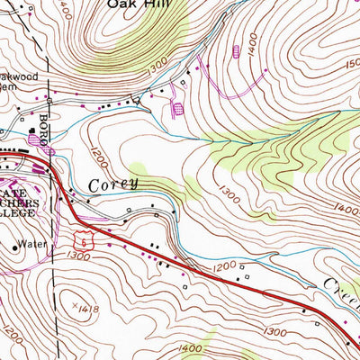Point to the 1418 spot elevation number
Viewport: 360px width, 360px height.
(x=88, y=309)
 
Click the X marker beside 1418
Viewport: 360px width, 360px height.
(x=74, y=306)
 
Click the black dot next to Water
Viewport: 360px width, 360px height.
(x=17, y=244)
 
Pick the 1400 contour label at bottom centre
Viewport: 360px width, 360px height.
(x=191, y=348)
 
